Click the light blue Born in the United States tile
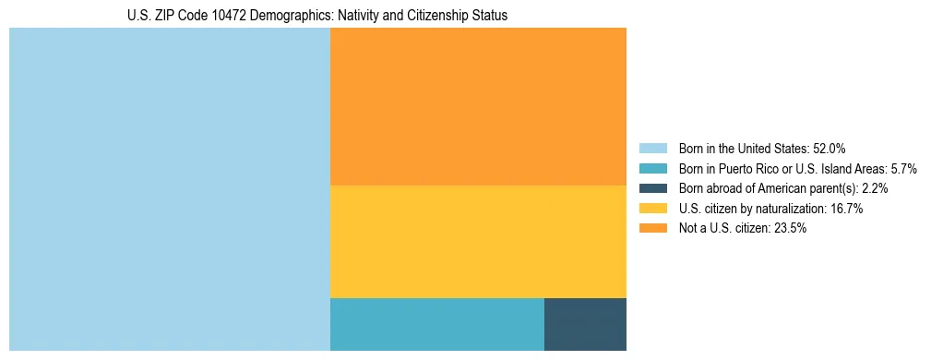(x=170, y=189)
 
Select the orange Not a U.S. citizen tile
(x=478, y=106)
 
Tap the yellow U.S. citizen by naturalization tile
(x=478, y=242)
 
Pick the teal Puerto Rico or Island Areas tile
(x=436, y=324)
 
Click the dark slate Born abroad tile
(x=585, y=324)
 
